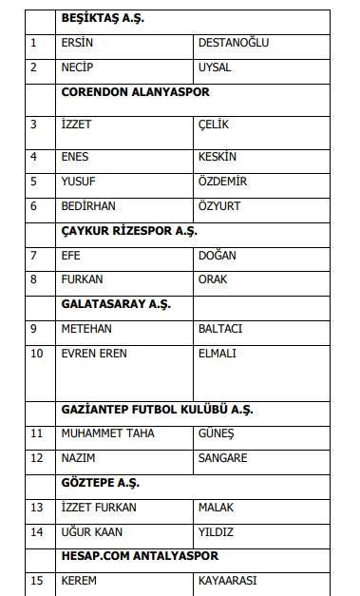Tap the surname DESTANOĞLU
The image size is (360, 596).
(234, 43)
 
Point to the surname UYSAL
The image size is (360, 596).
(215, 67)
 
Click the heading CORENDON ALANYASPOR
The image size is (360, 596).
(135, 92)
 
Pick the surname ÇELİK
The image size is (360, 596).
(215, 125)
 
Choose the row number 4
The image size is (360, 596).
(34, 157)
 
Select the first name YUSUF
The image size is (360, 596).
(78, 182)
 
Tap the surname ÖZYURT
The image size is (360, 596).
(219, 206)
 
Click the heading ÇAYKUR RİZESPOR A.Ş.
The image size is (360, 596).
(129, 231)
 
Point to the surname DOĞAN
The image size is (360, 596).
(218, 256)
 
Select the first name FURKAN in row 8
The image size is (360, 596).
(82, 280)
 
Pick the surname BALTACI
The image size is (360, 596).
(220, 329)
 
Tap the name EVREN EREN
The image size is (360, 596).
(93, 354)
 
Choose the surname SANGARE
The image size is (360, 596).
(223, 458)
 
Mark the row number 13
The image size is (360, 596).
(37, 508)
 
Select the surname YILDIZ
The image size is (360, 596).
(216, 532)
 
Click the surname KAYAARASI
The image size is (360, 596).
(228, 581)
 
